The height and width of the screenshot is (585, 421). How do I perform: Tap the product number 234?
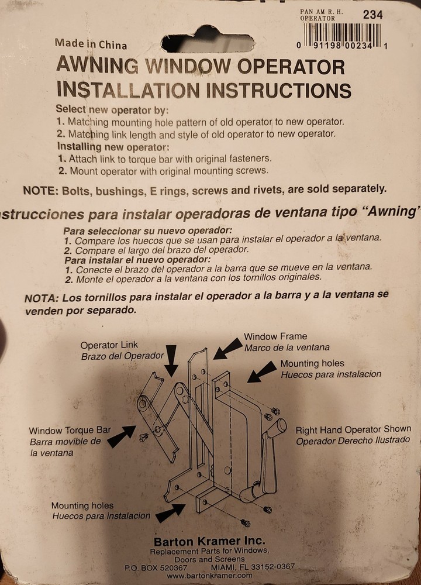(x=372, y=15)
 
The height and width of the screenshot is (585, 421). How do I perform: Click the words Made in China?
(x=91, y=44)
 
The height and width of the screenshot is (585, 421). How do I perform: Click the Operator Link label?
(x=109, y=345)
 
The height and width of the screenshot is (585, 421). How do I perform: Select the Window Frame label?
(x=275, y=336)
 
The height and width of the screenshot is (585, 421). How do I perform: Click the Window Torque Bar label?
(x=69, y=431)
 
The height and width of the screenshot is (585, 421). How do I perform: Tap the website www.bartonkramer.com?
(x=209, y=575)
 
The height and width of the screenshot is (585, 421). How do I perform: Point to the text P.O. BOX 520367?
(x=156, y=567)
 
